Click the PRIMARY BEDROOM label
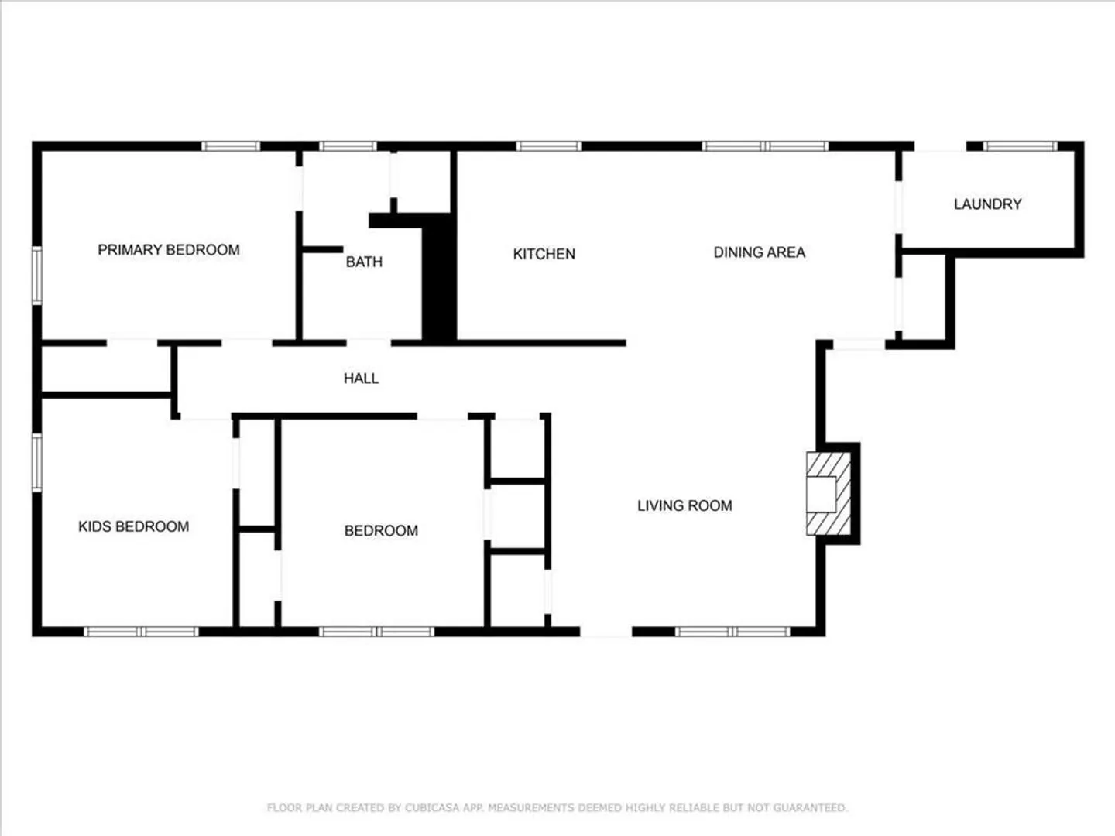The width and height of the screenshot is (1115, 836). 169,250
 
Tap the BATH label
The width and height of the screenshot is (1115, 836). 364,262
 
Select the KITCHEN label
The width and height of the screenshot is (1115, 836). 544,254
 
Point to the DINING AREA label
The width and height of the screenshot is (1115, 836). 760,252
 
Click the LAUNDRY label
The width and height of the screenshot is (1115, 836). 987,204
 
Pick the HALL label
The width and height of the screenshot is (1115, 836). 361,379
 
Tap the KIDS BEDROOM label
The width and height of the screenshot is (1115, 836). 134,526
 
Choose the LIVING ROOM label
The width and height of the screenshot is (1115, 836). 684,505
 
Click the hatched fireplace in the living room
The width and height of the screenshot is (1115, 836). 829,493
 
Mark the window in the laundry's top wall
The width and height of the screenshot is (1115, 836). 1020,146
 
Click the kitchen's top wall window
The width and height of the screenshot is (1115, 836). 549,146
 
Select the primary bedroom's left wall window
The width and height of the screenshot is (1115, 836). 37,276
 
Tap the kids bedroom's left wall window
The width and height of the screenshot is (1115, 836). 37,462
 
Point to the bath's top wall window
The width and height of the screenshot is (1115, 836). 348,146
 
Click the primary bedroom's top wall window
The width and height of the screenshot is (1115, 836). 231,146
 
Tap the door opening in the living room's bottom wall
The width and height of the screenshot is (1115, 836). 606,632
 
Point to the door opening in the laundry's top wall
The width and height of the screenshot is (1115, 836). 940,146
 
